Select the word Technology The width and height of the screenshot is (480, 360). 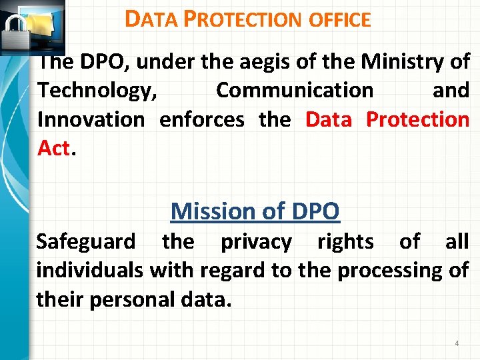[97, 90]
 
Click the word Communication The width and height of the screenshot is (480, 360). [295, 90]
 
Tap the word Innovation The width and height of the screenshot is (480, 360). [91, 119]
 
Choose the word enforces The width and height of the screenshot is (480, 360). [202, 119]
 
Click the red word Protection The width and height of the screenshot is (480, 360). [418, 119]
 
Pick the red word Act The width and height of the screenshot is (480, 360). [54, 148]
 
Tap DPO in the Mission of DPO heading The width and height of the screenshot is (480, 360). [315, 211]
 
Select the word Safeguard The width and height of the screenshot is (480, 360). [85, 241]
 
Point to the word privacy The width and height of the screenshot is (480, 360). [256, 241]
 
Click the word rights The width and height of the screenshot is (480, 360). [345, 241]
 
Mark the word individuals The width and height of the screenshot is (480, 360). [89, 271]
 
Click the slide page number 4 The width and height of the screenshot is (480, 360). [457, 343]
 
